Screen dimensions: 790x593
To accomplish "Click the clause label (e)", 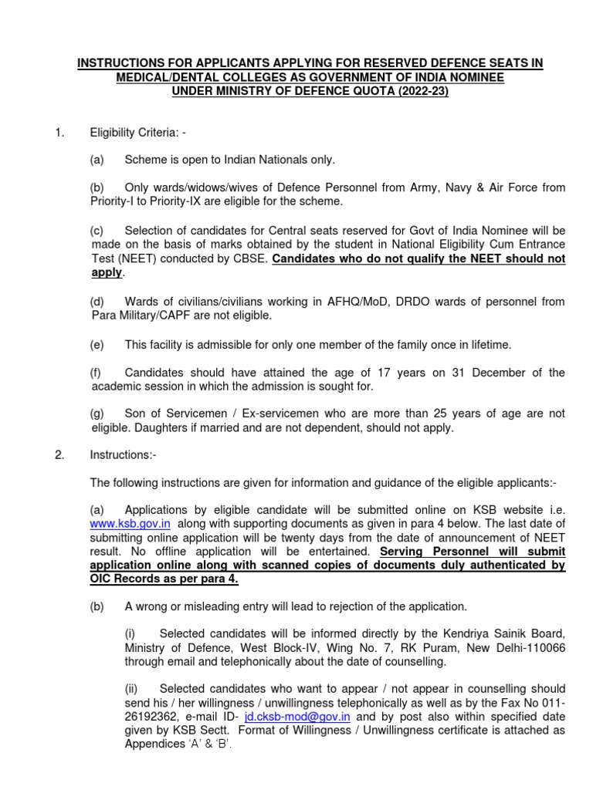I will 97,343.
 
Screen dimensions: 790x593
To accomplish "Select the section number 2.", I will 59,455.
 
